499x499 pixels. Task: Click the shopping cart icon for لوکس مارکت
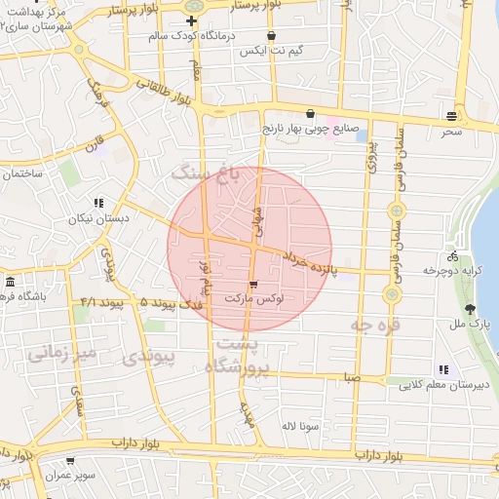pos(253,285)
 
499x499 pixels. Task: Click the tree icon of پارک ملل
pos(472,309)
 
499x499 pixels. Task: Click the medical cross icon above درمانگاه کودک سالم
pos(191,20)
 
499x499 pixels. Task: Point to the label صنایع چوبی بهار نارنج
pos(310,128)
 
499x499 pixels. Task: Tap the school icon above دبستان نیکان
pos(98,204)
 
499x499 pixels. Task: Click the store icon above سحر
pos(450,113)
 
